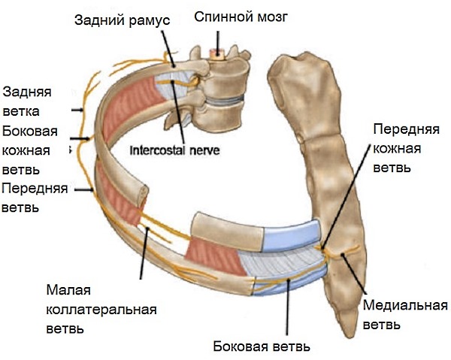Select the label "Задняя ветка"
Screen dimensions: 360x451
(x=27, y=101)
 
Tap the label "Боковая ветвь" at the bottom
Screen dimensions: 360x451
(x=262, y=347)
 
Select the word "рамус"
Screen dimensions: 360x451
(x=147, y=20)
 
